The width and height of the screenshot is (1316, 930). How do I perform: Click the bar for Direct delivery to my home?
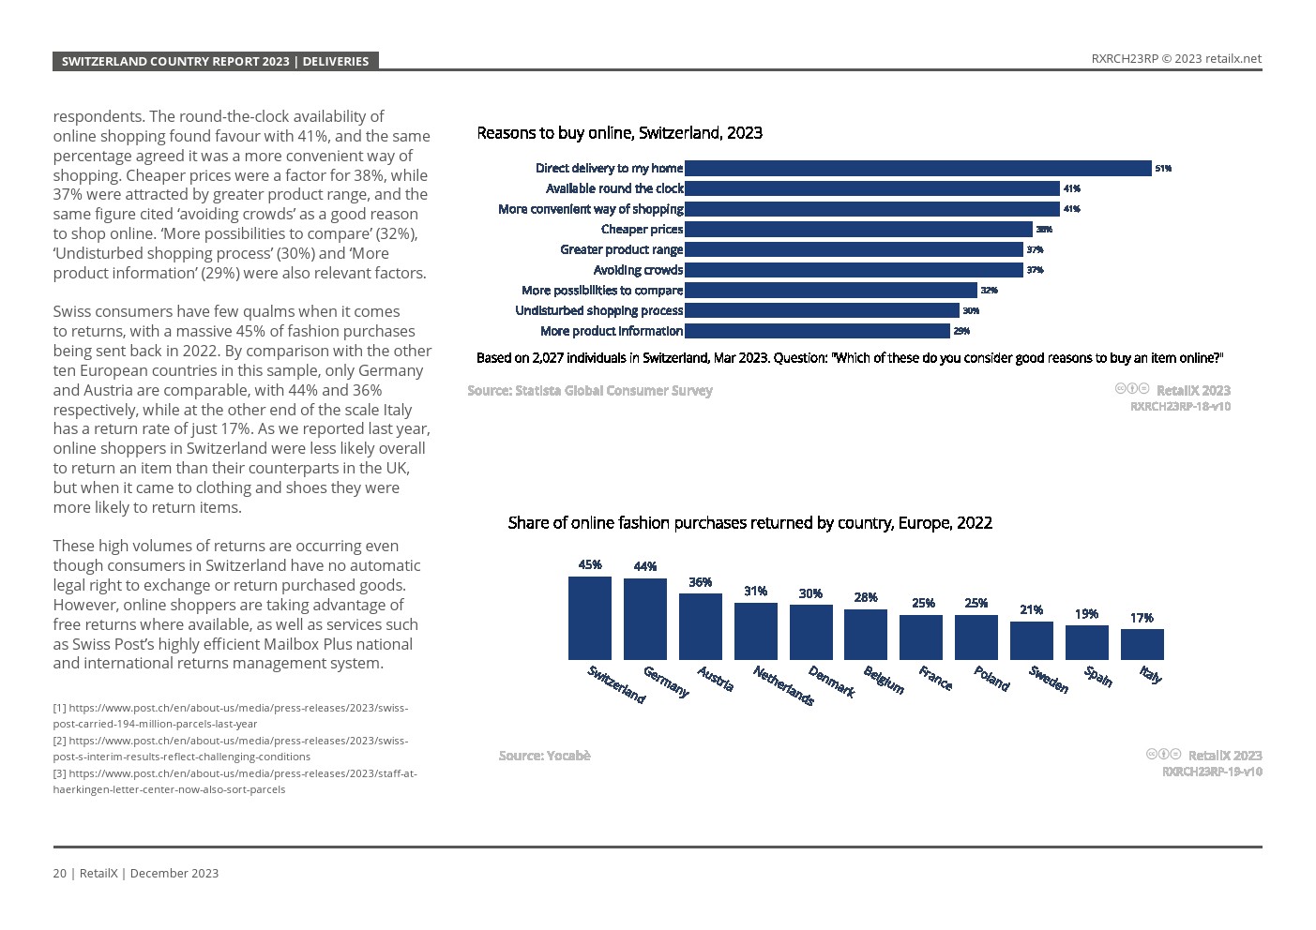(917, 168)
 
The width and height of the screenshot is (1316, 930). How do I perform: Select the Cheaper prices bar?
(858, 229)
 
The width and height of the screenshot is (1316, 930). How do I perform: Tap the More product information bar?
(817, 331)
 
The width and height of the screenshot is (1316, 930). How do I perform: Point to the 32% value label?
(989, 291)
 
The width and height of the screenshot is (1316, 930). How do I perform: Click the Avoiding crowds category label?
(638, 270)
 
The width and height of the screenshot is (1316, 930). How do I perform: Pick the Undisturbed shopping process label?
(598, 310)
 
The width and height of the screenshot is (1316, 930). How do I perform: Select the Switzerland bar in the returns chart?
(589, 618)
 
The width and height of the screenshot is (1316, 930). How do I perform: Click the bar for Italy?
(1142, 644)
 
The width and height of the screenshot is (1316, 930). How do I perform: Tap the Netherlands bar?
(755, 631)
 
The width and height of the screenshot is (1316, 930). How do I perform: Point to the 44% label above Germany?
(644, 566)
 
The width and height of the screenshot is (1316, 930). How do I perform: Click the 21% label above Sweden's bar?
(1031, 609)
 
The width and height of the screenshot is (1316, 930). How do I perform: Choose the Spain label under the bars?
(1098, 676)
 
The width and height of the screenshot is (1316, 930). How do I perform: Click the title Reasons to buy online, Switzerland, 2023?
(619, 133)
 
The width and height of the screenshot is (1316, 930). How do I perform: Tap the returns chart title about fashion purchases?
(749, 523)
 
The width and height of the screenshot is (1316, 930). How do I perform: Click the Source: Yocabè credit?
(544, 756)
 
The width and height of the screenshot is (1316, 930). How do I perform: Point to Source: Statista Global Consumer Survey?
(590, 390)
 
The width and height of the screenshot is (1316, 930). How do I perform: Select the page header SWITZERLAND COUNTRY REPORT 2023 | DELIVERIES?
(215, 61)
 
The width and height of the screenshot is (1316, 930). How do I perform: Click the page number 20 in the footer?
(59, 873)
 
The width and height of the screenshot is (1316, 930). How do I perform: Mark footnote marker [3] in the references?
(59, 773)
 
